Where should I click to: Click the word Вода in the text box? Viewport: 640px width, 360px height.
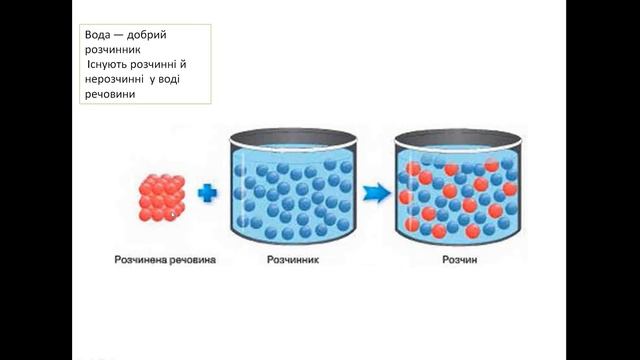98,35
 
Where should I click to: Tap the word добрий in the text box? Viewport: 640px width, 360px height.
147,35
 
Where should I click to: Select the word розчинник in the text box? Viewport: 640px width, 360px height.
113,50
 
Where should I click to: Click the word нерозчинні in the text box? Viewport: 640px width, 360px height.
114,79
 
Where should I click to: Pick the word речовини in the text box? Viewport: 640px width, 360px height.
110,94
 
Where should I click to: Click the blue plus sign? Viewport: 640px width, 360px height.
207,193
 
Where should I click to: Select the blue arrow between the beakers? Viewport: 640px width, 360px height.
376,193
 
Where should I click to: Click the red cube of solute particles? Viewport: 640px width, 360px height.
162,198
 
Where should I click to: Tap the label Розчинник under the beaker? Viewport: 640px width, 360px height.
293,260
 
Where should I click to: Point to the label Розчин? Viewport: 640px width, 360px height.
460,260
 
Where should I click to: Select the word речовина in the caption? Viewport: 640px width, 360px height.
190,260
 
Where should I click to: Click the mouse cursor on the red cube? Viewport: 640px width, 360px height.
173,214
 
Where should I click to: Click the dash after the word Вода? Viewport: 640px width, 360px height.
118,36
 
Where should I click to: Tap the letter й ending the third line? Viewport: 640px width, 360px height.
183,64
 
